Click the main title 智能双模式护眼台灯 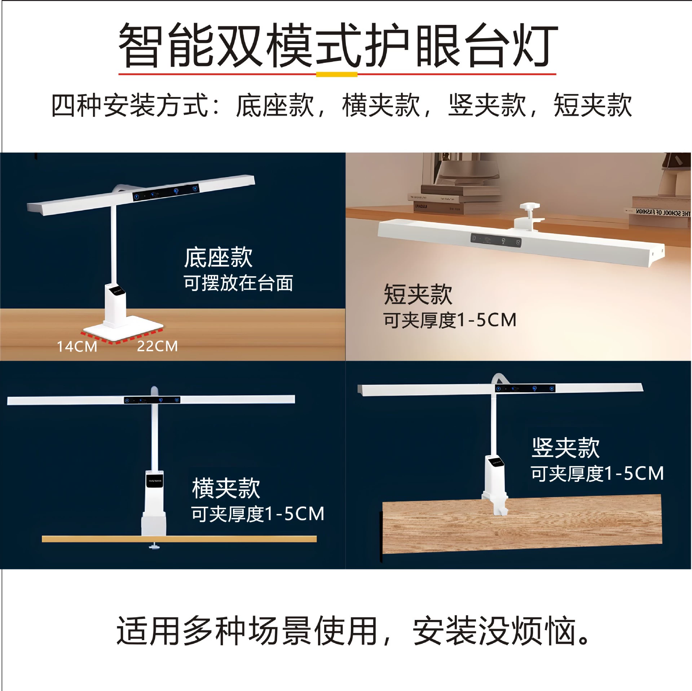[x=338, y=45]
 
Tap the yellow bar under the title [x=336, y=74]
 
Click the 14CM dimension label [x=77, y=347]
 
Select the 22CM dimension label [x=158, y=346]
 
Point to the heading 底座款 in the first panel [x=218, y=258]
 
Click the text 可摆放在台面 [x=238, y=283]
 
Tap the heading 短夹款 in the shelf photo [x=418, y=294]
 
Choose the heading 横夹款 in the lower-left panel [x=226, y=488]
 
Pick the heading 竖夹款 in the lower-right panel [x=565, y=448]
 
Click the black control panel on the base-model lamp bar [x=166, y=192]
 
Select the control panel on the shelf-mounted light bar [x=496, y=240]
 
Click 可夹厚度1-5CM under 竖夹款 [x=597, y=474]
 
